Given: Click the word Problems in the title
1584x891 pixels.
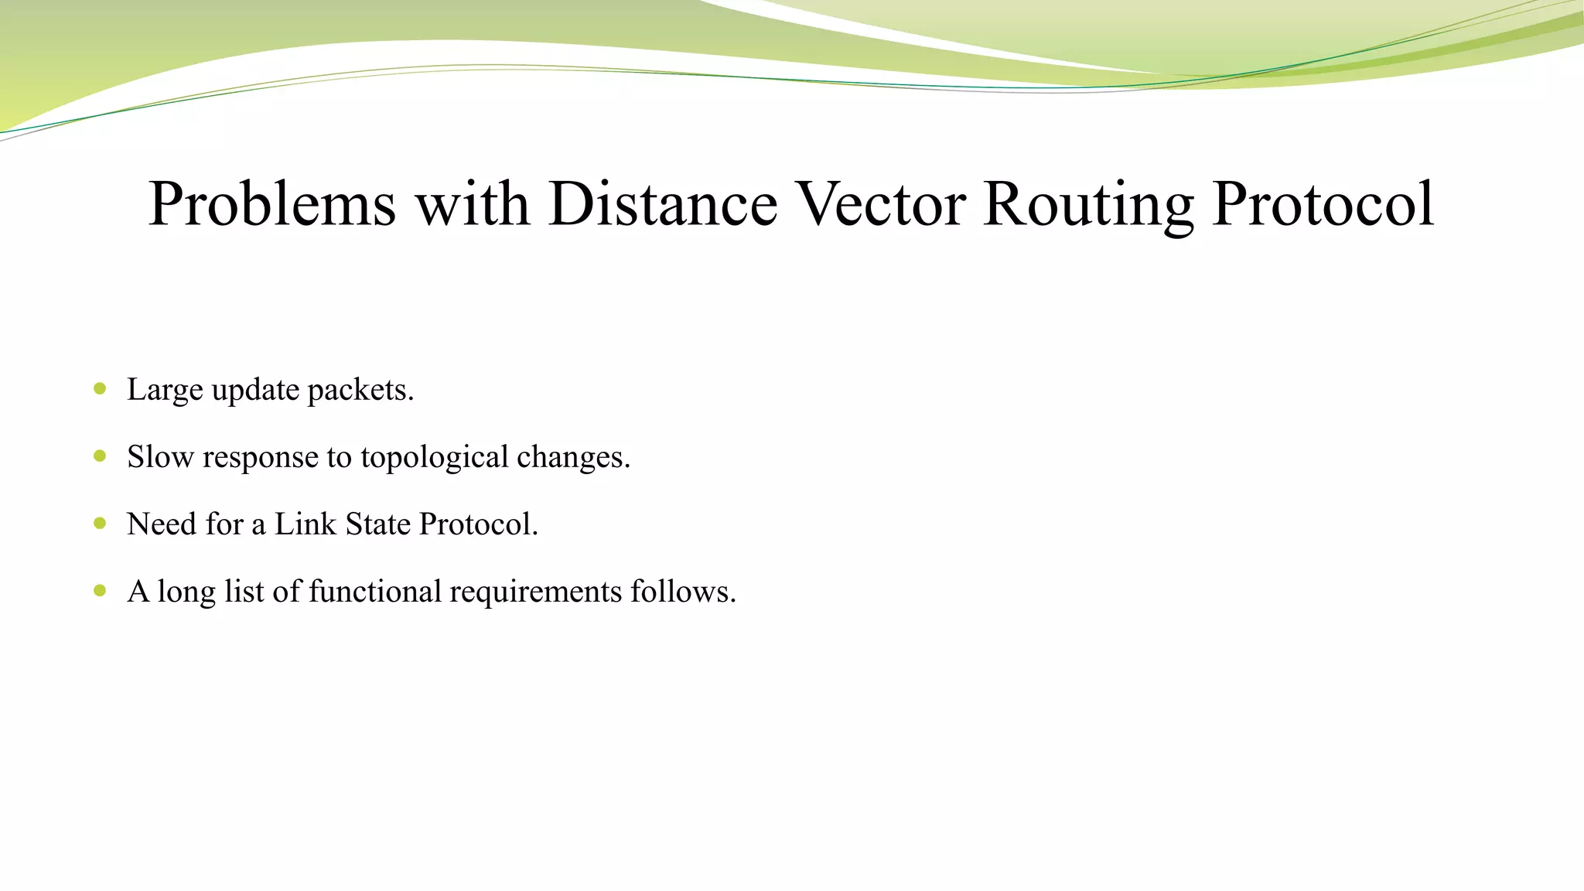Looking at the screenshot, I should [x=272, y=204].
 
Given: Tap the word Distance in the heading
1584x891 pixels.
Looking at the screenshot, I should [x=663, y=204].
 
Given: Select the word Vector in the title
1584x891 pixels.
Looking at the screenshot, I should [x=881, y=204].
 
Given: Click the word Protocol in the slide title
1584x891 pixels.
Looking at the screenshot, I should [x=1323, y=204].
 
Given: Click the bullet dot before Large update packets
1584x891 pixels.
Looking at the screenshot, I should [x=100, y=389].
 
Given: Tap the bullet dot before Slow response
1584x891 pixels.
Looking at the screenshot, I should [x=100, y=456].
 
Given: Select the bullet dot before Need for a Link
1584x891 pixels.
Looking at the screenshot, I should [x=100, y=524].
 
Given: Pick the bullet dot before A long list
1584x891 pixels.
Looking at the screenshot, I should [x=100, y=591].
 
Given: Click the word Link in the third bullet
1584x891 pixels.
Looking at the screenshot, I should [x=306, y=524].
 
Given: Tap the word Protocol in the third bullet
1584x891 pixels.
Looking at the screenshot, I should [x=477, y=524].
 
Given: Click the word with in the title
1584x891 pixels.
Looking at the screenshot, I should [x=473, y=204].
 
